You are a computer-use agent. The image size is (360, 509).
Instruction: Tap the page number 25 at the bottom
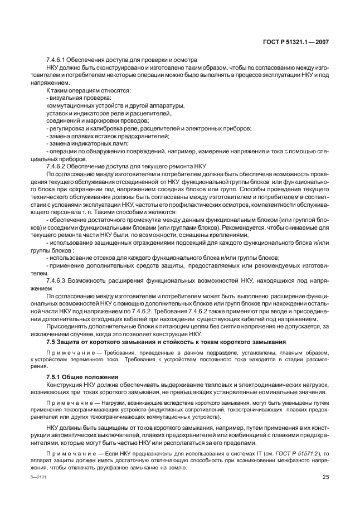coord(325,476)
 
